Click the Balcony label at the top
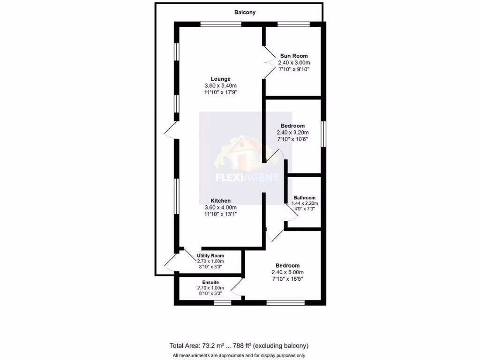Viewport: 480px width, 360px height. [245, 13]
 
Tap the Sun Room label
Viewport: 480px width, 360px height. [294, 56]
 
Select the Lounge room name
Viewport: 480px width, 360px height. [220, 79]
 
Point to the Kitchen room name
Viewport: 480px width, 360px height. [220, 201]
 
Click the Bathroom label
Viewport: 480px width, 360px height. [304, 198]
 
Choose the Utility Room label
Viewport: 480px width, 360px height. [210, 255]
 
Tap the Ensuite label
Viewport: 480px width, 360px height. [210, 282]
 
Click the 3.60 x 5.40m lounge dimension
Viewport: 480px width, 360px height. [220, 86]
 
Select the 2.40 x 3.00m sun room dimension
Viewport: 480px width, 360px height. [294, 63]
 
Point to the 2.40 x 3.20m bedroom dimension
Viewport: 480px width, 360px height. [292, 133]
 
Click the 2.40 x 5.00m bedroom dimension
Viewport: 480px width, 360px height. [287, 272]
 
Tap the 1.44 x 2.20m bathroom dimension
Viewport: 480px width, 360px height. [305, 203]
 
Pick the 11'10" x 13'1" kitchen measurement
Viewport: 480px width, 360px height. [220, 214]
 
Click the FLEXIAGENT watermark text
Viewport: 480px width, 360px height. [246, 178]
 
